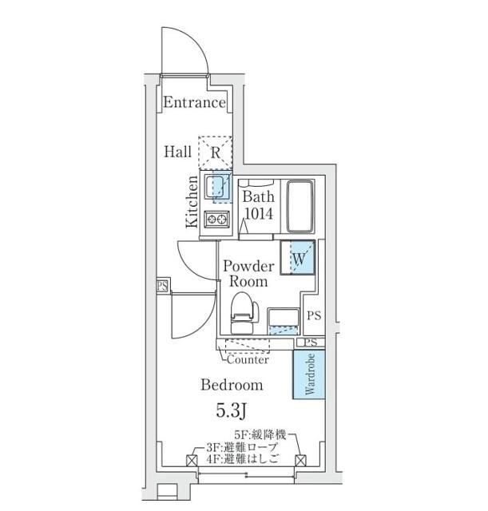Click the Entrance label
coord(195,103)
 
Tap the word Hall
coord(178,151)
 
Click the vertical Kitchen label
coord(192,204)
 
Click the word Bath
coord(258,196)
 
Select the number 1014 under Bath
coord(258,213)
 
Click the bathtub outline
coord(300,204)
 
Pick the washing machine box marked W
coord(298,258)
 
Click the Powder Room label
coord(248,273)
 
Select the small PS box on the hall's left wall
coord(162,286)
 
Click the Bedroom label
coord(232,385)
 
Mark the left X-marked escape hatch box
coord(192,461)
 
